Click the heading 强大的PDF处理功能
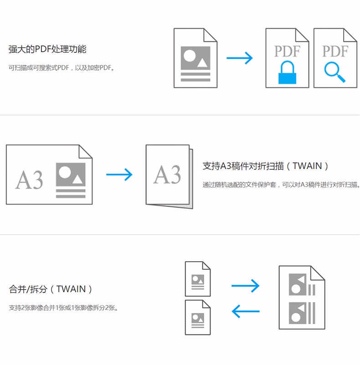pyautogui.click(x=47, y=49)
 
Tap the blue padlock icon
pyautogui.click(x=287, y=72)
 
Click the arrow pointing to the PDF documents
pyautogui.click(x=240, y=58)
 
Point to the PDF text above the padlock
pyautogui.click(x=287, y=51)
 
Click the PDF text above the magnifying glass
pyautogui.click(x=335, y=51)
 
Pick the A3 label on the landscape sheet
pyautogui.click(x=29, y=179)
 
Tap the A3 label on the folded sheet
pyautogui.click(x=167, y=174)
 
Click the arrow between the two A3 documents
pyautogui.click(x=119, y=175)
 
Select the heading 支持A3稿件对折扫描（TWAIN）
pyautogui.click(x=266, y=166)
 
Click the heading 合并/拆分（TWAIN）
pyautogui.click(x=51, y=289)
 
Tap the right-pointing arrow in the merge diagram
pyautogui.click(x=245, y=286)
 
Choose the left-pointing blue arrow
pyautogui.click(x=246, y=311)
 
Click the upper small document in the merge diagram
pyautogui.click(x=198, y=279)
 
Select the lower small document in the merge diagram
pyautogui.click(x=198, y=318)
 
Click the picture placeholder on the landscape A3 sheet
pyautogui.click(x=71, y=174)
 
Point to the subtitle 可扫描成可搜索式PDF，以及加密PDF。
pyautogui.click(x=62, y=68)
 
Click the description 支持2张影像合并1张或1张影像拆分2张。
pyautogui.click(x=63, y=308)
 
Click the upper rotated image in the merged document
pyautogui.click(x=298, y=284)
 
